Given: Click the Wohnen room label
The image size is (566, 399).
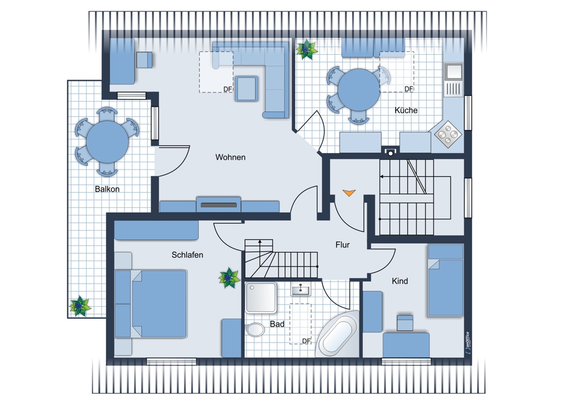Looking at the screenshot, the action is [230, 157].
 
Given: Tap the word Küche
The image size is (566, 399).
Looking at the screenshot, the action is [406, 110].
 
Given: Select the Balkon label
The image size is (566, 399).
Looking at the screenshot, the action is [107, 189].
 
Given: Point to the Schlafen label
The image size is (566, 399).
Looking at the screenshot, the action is [187, 255].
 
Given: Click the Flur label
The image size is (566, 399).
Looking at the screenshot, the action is [342, 245].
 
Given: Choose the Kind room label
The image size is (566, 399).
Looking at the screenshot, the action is [400, 281].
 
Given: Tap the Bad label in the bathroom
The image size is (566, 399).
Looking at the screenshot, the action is [277, 324].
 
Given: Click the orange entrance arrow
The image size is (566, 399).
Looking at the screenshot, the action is [349, 193].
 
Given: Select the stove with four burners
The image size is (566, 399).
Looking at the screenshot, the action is [448, 135].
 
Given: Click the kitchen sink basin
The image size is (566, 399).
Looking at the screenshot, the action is [454, 72].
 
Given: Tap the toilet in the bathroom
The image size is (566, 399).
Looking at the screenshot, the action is [255, 329].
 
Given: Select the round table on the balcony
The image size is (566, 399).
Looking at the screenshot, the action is [107, 142].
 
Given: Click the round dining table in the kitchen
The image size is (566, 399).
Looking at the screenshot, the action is [358, 90].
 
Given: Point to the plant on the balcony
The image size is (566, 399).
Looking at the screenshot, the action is [79, 306].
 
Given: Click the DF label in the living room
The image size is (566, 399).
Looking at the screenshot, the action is [228, 89].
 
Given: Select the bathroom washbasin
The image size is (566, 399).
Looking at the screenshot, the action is [301, 290].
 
